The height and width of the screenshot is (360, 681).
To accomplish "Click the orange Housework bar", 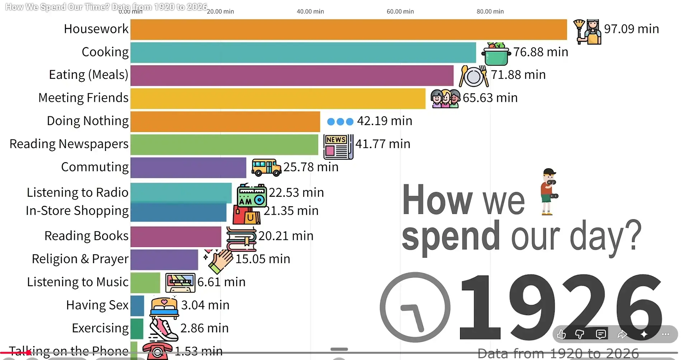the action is tap(348, 29).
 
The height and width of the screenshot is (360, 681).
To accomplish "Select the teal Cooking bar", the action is tap(303, 53).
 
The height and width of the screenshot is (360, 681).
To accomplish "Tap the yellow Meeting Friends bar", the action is tap(278, 99).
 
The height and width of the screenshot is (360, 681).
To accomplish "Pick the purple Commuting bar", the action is tap(188, 167).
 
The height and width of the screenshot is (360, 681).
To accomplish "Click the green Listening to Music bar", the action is tap(145, 283).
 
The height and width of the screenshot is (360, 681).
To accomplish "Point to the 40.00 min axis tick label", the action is tap(310, 11).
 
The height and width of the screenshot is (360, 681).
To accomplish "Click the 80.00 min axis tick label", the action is tap(490, 11).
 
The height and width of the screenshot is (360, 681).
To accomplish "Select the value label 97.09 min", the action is tap(631, 29).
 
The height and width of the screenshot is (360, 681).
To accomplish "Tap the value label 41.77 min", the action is tap(383, 144).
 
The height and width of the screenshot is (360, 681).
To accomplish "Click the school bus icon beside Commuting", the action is tap(266, 167).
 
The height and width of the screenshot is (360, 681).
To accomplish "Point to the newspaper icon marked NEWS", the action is tap(338, 147).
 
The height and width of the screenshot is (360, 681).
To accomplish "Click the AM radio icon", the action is tap(252, 195).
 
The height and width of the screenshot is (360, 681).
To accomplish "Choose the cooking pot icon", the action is tap(496, 54).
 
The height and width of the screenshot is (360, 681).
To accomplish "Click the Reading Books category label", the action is tap(86, 236).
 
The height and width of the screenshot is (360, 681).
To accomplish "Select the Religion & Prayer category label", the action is tap(80, 259).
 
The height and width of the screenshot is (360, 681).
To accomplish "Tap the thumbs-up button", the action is tap(562, 335).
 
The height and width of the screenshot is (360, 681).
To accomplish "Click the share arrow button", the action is tap(622, 335).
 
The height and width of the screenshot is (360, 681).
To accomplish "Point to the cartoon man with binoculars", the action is tap(549, 192).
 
